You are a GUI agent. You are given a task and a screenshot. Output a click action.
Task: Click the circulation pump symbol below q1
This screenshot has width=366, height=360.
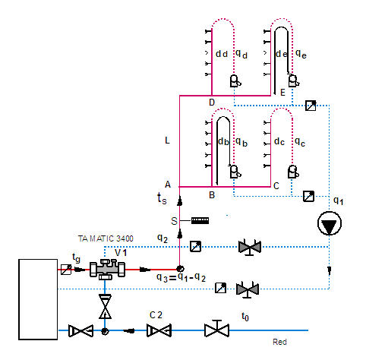330,223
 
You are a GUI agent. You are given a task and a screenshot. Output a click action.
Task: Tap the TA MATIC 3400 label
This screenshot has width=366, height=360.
106,238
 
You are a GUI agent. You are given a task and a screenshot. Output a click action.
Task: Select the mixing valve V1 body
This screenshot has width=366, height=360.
107,270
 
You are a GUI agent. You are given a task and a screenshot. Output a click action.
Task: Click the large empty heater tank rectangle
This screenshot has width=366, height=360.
38,299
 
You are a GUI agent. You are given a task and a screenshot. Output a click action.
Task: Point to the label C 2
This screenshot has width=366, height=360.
156,315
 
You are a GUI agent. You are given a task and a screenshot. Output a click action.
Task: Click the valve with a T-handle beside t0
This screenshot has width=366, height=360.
216,328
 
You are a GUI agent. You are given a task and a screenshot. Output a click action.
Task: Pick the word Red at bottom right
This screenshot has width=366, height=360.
279,342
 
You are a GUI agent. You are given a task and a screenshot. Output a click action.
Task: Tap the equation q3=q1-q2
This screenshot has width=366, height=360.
181,277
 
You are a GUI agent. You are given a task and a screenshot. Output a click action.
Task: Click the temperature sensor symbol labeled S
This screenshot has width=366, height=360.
200,220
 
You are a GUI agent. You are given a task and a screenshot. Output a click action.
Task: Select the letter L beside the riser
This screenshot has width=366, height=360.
167,141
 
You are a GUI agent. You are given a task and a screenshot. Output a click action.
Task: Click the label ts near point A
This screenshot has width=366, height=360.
162,198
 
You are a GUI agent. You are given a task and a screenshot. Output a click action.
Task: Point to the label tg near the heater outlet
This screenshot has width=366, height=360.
76,258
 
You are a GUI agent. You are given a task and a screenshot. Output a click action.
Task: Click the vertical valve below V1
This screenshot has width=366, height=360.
105,306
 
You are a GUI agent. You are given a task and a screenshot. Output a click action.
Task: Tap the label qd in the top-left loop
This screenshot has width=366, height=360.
241,54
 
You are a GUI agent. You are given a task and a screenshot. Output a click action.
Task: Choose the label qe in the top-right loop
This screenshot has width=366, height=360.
301,54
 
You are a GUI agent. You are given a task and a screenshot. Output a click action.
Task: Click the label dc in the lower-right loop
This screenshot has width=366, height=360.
279,141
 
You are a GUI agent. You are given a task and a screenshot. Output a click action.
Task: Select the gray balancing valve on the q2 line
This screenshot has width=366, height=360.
250,247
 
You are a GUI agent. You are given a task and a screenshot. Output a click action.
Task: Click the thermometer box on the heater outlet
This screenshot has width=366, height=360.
66,270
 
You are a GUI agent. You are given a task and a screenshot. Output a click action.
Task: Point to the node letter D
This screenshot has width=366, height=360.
212,103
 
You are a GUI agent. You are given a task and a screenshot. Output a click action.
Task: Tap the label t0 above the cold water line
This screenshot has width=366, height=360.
245,317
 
